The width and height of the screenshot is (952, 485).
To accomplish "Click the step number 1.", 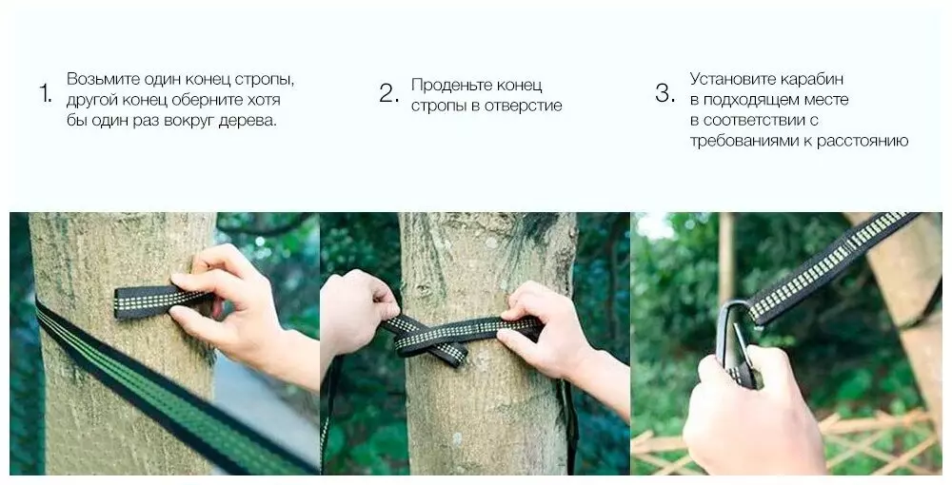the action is [46, 94].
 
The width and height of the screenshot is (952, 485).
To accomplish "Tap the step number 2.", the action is [389, 94].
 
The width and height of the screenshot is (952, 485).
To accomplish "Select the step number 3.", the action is [664, 94].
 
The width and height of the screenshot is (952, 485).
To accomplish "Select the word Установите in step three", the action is [732, 80].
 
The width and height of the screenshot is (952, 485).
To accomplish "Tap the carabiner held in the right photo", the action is [735, 342].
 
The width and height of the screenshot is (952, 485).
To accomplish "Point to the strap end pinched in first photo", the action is [155, 301].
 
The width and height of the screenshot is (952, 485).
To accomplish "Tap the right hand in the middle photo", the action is [552, 339].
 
